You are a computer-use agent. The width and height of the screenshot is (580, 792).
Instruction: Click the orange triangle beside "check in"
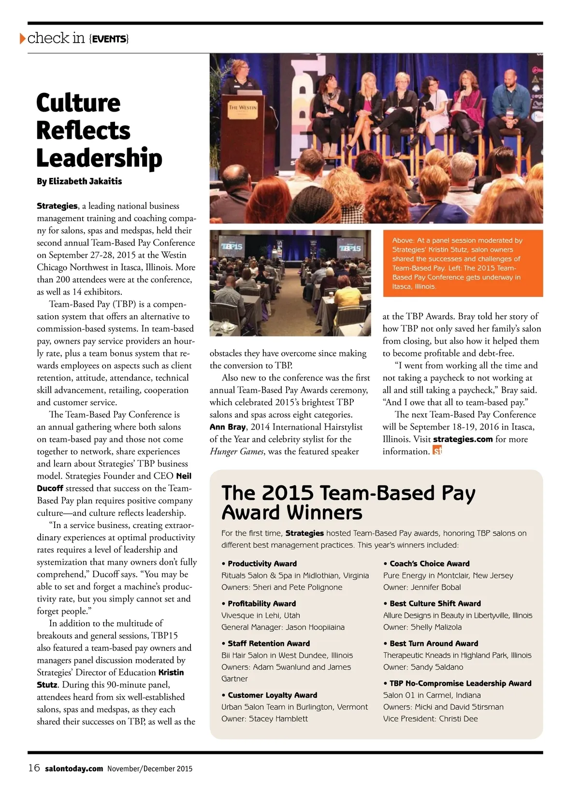pos(23,38)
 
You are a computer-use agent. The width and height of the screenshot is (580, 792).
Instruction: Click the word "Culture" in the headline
pos(78,103)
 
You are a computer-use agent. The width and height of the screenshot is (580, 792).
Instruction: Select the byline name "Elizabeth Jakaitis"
pos(85,181)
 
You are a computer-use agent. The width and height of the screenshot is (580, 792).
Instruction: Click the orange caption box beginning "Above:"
pos(463,263)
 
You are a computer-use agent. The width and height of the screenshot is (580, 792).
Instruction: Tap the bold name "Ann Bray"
pos(228,427)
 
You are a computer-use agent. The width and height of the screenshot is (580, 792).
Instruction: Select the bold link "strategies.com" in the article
pos(463,439)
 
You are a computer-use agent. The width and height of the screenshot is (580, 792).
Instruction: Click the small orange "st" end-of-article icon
pos(437,451)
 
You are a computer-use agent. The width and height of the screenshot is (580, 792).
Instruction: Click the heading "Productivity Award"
pos(262,564)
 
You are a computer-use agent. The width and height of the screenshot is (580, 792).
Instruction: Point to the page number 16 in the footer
pos(34,768)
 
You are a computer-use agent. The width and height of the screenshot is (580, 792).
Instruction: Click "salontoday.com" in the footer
pos(74,769)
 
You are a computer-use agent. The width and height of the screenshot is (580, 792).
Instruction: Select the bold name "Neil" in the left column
pos(184,476)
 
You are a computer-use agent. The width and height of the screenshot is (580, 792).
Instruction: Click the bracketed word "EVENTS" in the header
pos(109,39)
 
